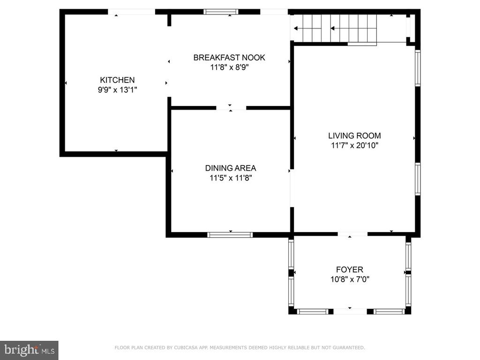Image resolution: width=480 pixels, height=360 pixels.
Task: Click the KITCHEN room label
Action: pos(117,80)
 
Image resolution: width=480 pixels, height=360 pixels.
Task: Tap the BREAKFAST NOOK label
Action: pos(229,58)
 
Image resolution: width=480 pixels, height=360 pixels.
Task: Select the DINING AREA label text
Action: pos(231,168)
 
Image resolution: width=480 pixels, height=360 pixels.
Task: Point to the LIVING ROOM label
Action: pos(354,135)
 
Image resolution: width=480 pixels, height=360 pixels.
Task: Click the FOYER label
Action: pos(350,270)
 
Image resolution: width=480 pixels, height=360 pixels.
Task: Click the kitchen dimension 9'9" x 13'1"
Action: pos(117,90)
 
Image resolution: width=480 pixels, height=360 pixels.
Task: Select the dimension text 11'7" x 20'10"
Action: pos(354,145)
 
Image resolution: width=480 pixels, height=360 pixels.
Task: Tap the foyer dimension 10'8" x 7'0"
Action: pos(350,279)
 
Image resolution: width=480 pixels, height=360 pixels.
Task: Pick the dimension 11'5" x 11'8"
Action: pos(231,178)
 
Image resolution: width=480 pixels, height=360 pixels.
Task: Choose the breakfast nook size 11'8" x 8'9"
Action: pos(229,67)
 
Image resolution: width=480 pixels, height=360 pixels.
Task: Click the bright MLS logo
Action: pos(29,350)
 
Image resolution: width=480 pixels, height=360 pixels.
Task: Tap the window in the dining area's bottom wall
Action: pos(230,235)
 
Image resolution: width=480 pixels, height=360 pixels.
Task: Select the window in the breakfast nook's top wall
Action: pos(221,12)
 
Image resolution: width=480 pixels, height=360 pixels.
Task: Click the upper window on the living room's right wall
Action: pos(418,68)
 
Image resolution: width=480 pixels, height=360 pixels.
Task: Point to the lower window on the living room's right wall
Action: pos(418,179)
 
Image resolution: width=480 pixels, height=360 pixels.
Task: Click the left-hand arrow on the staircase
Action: pos(307,29)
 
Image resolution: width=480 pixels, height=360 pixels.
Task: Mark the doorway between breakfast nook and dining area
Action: pos(231,108)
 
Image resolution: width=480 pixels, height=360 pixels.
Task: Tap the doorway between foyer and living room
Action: pos(352,234)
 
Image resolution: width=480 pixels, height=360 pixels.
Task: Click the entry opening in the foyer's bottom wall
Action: pos(350,312)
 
